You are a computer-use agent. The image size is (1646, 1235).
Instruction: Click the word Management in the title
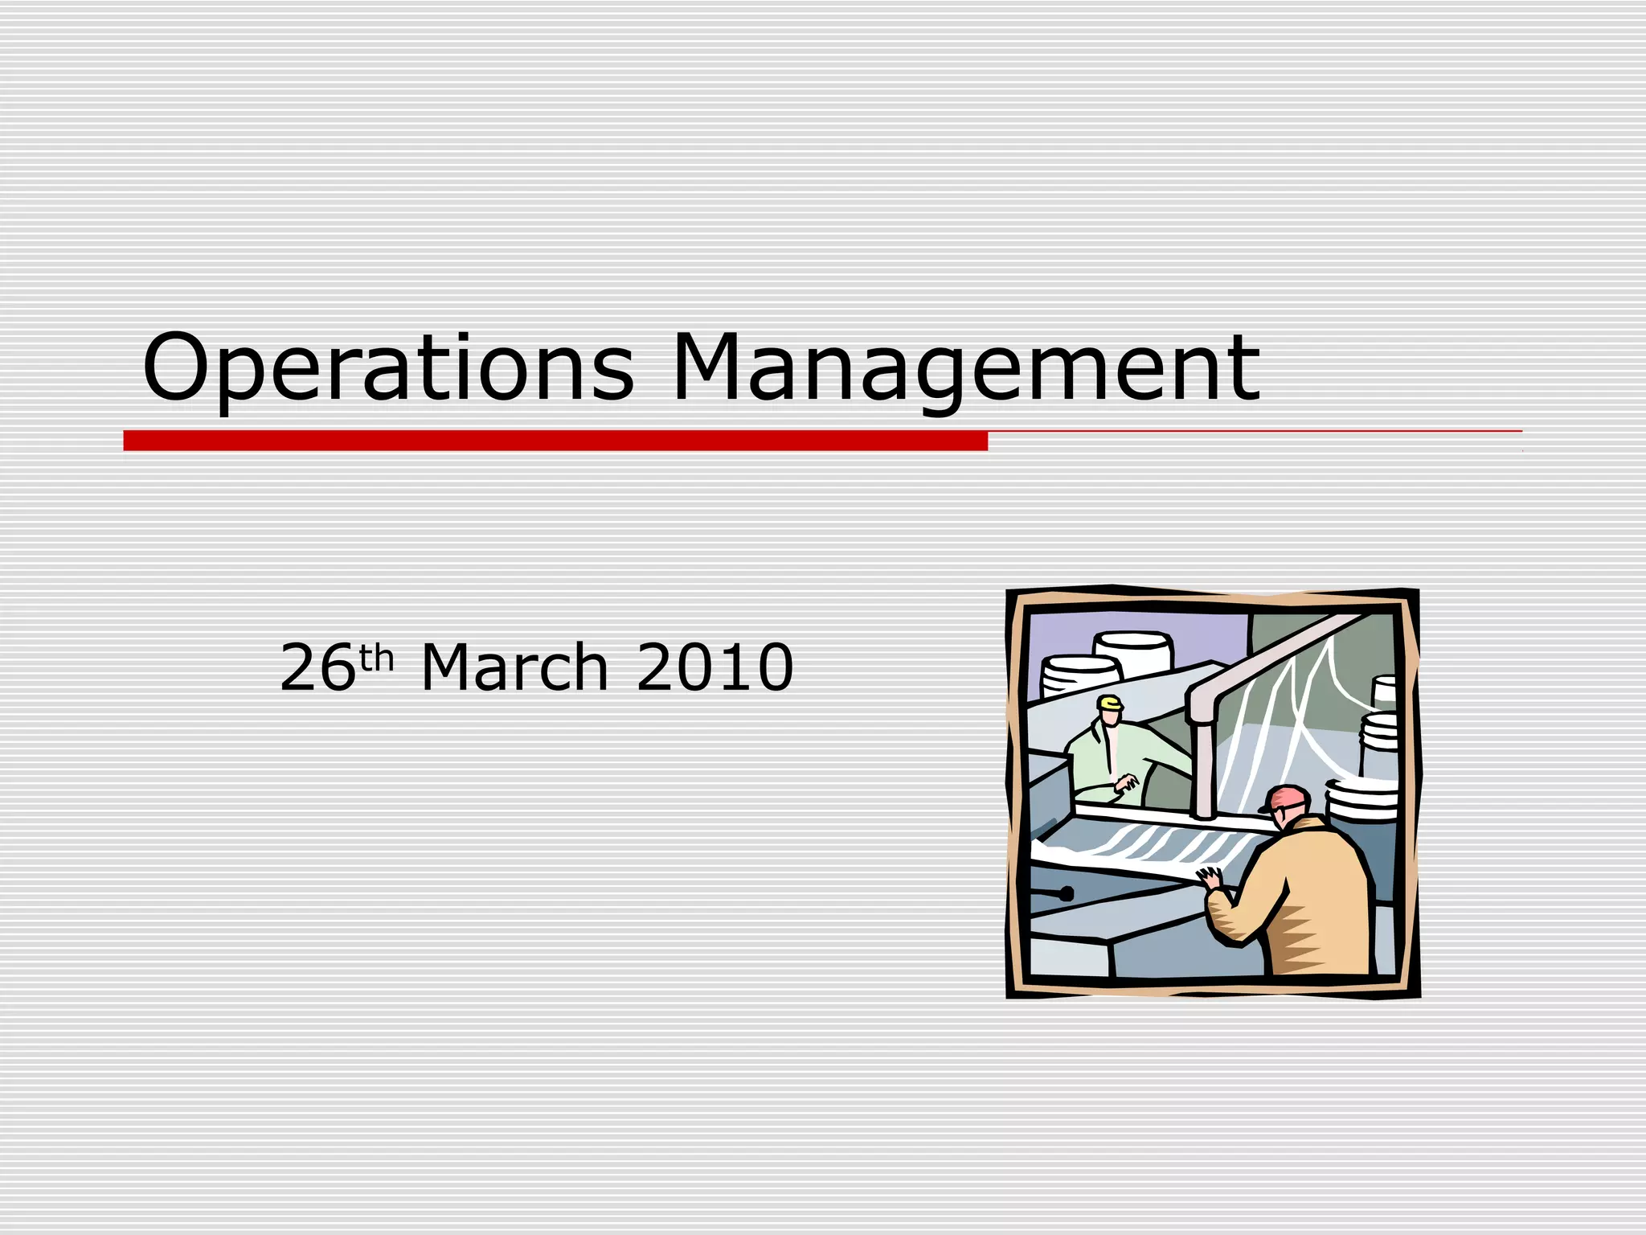click(964, 367)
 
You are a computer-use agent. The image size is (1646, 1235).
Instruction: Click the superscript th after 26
click(376, 658)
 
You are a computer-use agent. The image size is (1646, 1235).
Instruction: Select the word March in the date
click(514, 667)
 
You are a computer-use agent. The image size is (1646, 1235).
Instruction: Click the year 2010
click(714, 667)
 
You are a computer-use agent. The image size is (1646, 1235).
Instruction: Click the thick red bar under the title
click(555, 441)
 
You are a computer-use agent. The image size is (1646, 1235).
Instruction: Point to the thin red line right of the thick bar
click(1254, 432)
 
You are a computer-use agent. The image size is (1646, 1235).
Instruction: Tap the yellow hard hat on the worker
click(1110, 704)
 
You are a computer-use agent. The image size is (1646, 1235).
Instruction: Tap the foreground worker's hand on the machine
click(1208, 879)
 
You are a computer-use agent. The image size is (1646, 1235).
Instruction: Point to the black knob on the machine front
click(1067, 893)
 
